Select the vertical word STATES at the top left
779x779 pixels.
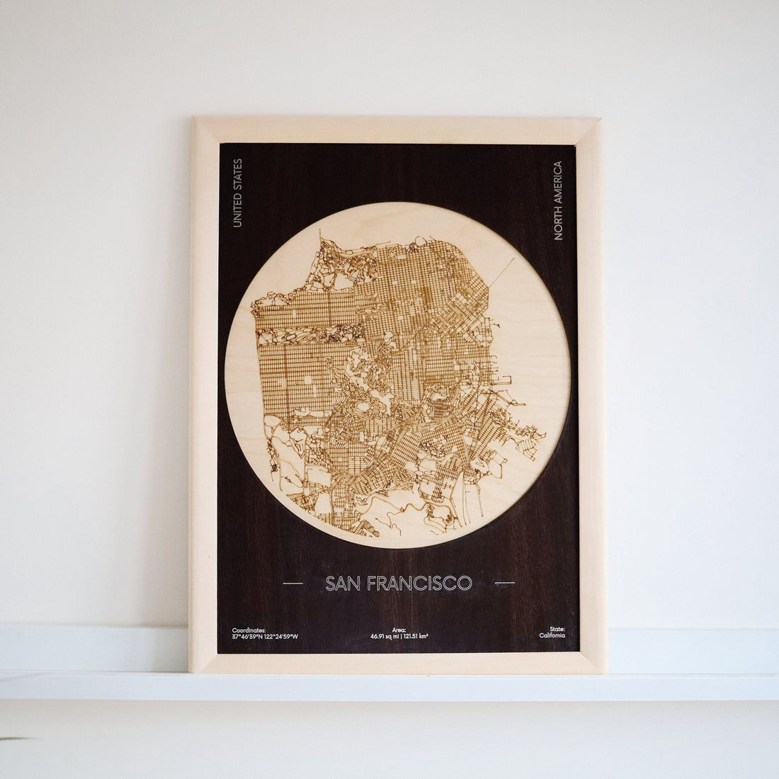(237, 174)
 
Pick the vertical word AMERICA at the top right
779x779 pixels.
(558, 181)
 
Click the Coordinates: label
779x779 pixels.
(249, 630)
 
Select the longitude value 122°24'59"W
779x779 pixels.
(281, 637)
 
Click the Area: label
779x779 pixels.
(399, 630)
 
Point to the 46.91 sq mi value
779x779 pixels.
(384, 637)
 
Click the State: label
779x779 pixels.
(557, 630)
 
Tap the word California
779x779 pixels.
(552, 637)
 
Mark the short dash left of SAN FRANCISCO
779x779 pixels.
(292, 584)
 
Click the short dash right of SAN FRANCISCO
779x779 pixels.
(504, 584)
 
